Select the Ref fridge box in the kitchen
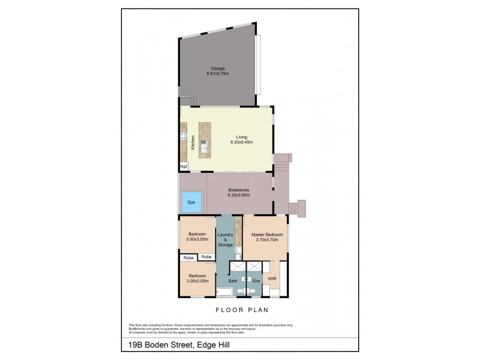click(x=184, y=166)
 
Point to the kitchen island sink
click(x=205, y=144)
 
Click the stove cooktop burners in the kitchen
click(x=183, y=137)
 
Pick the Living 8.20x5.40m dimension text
click(x=241, y=143)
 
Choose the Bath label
click(x=233, y=281)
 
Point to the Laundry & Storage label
click(x=225, y=239)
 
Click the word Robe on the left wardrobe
click(x=188, y=257)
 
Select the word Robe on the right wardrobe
click(x=206, y=257)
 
